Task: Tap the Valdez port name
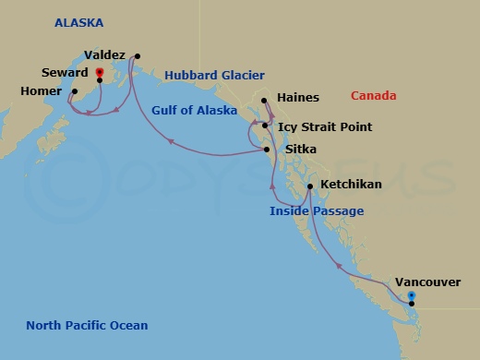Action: [104, 55]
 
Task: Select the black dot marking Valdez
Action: [136, 56]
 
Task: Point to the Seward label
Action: [65, 72]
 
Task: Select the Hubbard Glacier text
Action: [215, 76]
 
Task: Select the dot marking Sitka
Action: [267, 150]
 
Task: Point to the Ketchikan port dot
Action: [309, 186]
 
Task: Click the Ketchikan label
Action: [350, 185]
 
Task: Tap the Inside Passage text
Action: [316, 211]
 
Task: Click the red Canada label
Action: [374, 95]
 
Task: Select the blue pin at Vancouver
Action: [412, 295]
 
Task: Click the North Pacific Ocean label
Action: [87, 325]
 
